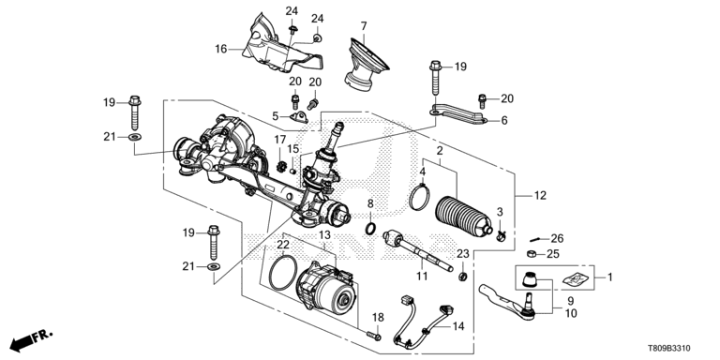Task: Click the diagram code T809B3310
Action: (x=669, y=349)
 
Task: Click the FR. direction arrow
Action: (x=31, y=339)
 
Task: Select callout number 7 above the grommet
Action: (x=364, y=25)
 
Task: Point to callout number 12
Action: (x=540, y=196)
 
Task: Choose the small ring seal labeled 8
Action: (x=371, y=228)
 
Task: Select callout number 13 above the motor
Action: (x=324, y=235)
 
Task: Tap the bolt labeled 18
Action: (x=374, y=337)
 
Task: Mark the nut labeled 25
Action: (x=532, y=254)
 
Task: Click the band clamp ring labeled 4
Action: (x=419, y=198)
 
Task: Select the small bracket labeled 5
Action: (x=299, y=118)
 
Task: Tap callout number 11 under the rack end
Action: (x=422, y=277)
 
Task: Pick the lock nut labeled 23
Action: (x=463, y=277)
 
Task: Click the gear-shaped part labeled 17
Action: (x=281, y=166)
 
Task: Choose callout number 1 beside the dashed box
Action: (x=609, y=277)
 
